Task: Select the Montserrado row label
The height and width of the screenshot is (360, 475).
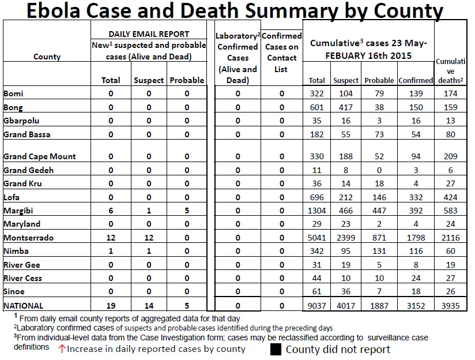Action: [28, 238]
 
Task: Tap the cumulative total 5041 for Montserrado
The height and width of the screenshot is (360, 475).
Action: [316, 238]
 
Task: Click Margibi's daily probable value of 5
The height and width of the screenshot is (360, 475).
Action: [187, 211]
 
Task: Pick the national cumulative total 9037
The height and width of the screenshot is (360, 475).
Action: [316, 305]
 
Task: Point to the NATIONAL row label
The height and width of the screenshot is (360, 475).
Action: [23, 306]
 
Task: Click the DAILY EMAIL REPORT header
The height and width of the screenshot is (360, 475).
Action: [149, 34]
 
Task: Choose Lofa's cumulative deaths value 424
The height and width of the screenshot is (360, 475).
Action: [450, 197]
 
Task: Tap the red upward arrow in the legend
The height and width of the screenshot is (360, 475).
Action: [62, 349]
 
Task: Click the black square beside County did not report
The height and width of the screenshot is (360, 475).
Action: [276, 349]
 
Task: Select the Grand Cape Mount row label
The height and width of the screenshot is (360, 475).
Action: [40, 156]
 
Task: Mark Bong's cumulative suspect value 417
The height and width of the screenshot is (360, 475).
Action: [346, 107]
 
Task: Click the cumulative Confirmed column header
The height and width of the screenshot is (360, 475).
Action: [416, 80]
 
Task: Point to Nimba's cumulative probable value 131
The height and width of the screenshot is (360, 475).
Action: [379, 251]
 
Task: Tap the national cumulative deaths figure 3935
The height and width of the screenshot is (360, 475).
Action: [450, 305]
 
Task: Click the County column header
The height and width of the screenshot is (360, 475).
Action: [47, 57]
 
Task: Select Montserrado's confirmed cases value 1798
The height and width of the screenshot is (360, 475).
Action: [416, 238]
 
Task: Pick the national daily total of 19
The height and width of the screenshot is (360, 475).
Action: [111, 306]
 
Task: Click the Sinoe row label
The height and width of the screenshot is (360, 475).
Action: [14, 291]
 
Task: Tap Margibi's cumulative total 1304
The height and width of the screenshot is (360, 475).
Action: [316, 211]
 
